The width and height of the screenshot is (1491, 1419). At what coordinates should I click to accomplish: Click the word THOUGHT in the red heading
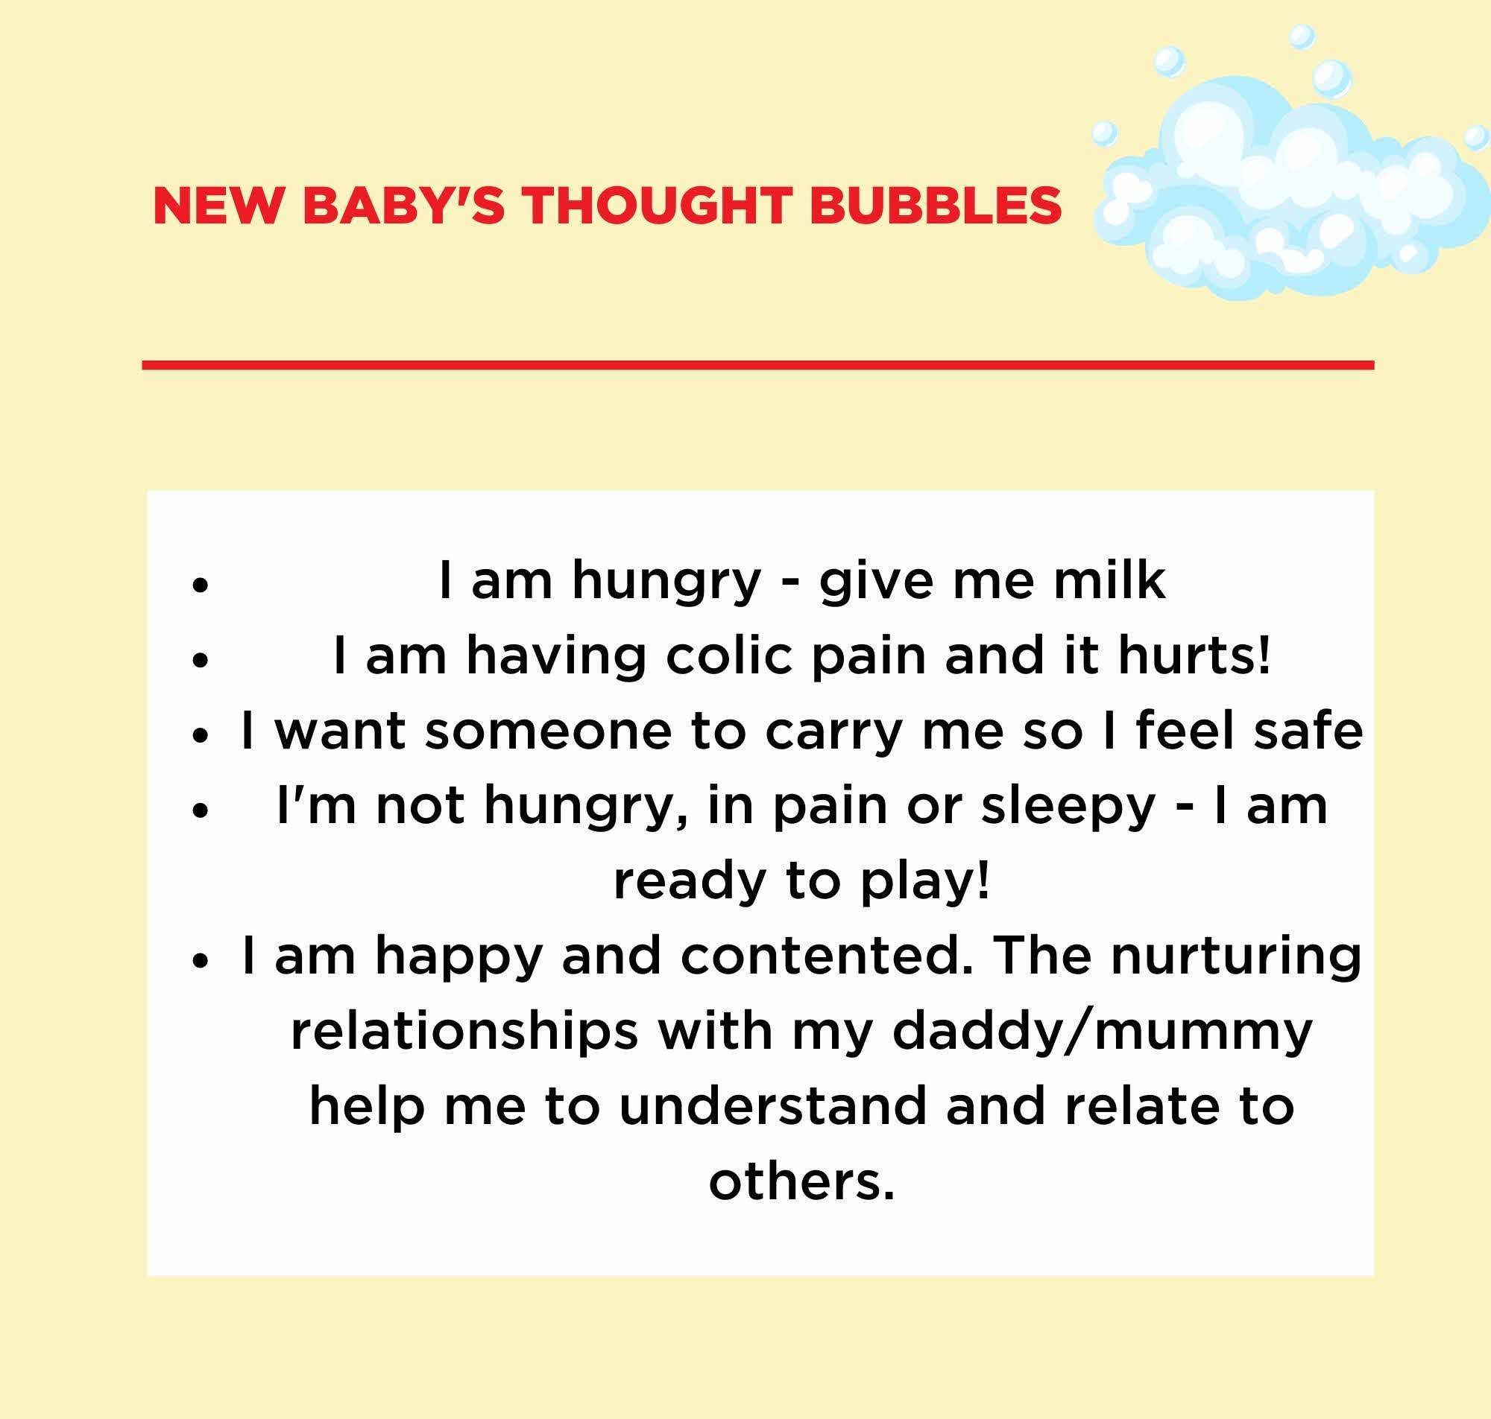pos(653,205)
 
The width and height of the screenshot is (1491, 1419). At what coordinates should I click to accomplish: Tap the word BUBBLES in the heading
pos(936,205)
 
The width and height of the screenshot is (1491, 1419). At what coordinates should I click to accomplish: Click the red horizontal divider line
pos(757,365)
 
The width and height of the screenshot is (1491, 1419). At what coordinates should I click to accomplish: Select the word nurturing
pos(1236,957)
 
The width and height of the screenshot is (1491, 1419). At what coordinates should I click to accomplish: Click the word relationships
pos(464,1031)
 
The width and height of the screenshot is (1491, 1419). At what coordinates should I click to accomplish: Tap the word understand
pos(773,1106)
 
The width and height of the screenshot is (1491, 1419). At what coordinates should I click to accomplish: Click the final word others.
pos(801,1181)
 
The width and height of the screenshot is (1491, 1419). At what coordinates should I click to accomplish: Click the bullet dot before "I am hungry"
pos(200,585)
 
